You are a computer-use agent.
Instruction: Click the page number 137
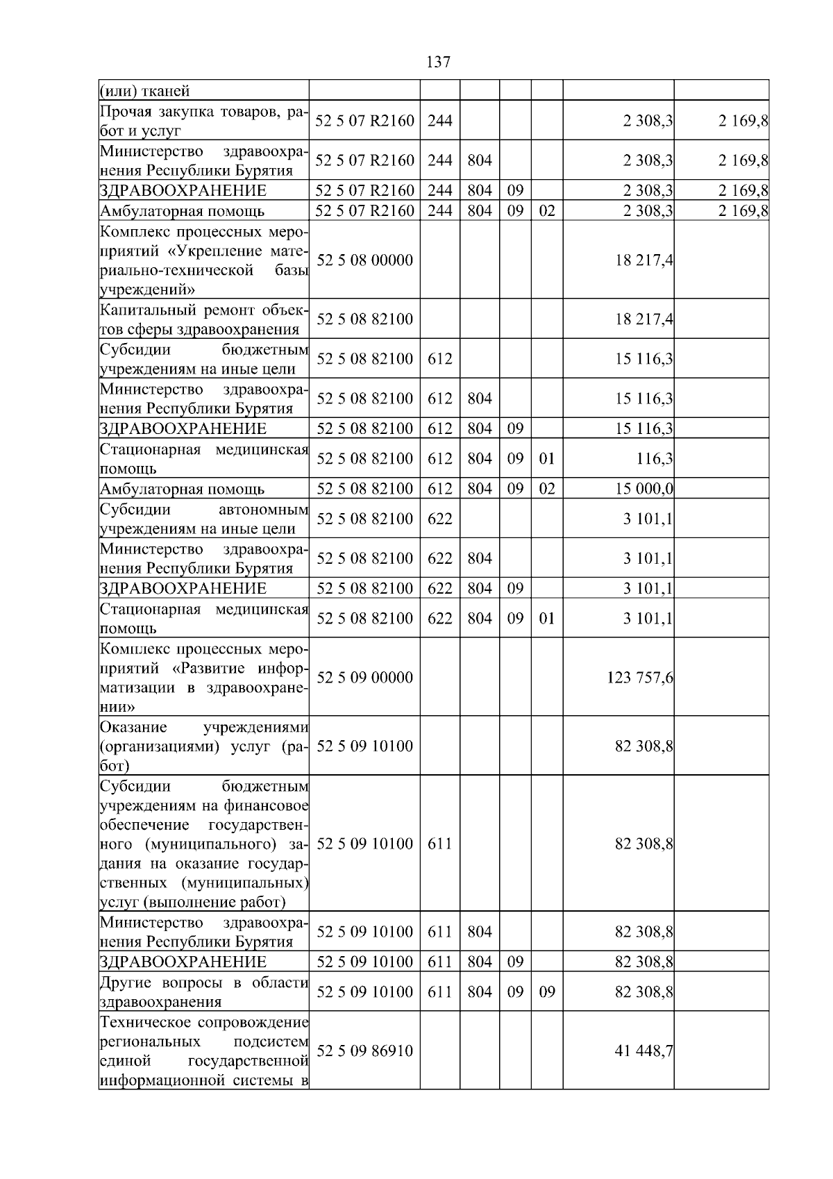(x=438, y=62)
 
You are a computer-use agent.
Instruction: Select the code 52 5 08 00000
(x=364, y=260)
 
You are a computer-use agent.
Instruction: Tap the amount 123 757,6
(x=640, y=678)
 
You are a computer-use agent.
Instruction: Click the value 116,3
(x=655, y=459)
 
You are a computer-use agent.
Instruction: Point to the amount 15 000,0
(x=644, y=489)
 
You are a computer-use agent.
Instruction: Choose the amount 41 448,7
(x=644, y=1051)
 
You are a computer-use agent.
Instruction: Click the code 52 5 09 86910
(x=364, y=1051)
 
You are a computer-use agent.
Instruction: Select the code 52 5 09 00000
(x=364, y=678)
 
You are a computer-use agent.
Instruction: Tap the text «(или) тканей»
(x=144, y=91)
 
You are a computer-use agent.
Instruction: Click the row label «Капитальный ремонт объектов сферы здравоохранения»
(x=203, y=319)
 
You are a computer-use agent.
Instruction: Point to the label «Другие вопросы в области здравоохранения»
(x=203, y=992)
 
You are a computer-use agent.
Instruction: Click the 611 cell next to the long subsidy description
(x=439, y=844)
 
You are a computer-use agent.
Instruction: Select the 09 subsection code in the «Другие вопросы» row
(x=547, y=992)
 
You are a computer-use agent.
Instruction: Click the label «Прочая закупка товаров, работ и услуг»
(x=203, y=121)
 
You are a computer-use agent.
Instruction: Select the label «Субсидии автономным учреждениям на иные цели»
(x=203, y=519)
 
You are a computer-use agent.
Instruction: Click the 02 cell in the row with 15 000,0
(x=547, y=489)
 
